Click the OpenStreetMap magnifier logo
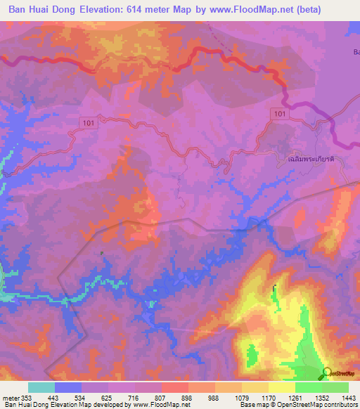click(328, 373)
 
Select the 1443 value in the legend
click(348, 398)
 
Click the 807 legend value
click(161, 398)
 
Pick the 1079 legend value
click(241, 398)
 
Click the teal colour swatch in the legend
click(41, 387)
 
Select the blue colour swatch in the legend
click(68, 387)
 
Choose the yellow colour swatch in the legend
click(282, 387)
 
